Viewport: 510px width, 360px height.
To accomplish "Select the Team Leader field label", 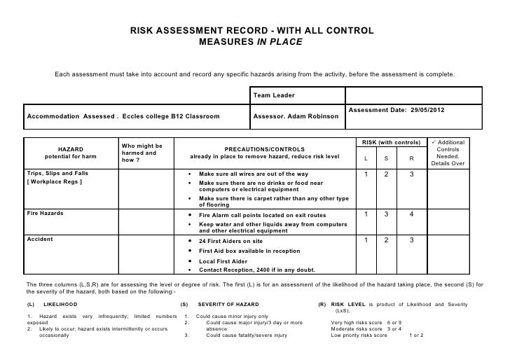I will pyautogui.click(x=273, y=95).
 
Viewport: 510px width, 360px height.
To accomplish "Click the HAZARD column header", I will pyautogui.click(x=70, y=148).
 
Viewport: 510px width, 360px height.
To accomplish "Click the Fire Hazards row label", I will pyautogui.click(x=45, y=214).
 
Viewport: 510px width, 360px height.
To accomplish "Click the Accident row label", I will pyautogui.click(x=39, y=240).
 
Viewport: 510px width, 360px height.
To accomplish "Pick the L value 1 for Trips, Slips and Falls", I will pyautogui.click(x=365, y=174).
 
